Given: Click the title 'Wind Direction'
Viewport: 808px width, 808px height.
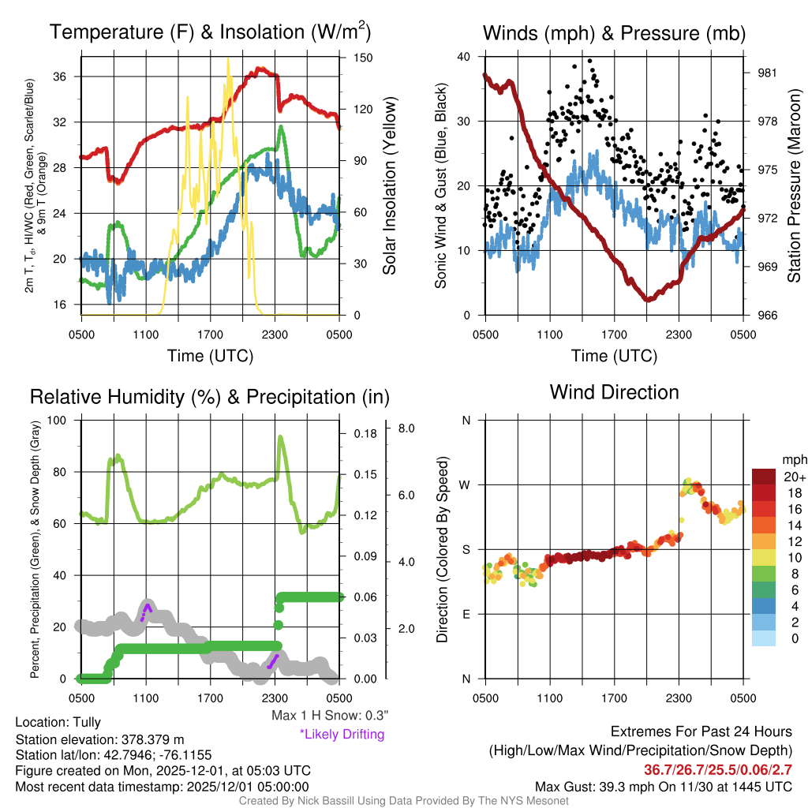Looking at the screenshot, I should point(614,392).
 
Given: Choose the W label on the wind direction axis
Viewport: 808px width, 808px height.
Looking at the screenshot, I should point(466,484).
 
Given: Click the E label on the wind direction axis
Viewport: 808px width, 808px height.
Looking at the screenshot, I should point(466,614).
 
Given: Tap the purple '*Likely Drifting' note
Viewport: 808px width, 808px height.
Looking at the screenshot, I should point(342,735).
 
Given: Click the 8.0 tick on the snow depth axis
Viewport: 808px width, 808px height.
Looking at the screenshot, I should point(407,428).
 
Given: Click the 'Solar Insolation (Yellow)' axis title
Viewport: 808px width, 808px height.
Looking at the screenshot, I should point(389,185).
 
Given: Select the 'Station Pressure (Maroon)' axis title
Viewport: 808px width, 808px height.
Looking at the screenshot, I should point(794,185).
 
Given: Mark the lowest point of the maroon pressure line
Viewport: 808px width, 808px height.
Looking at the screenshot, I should point(648,300).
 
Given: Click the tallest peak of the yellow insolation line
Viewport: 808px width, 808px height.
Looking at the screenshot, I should point(228,59).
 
